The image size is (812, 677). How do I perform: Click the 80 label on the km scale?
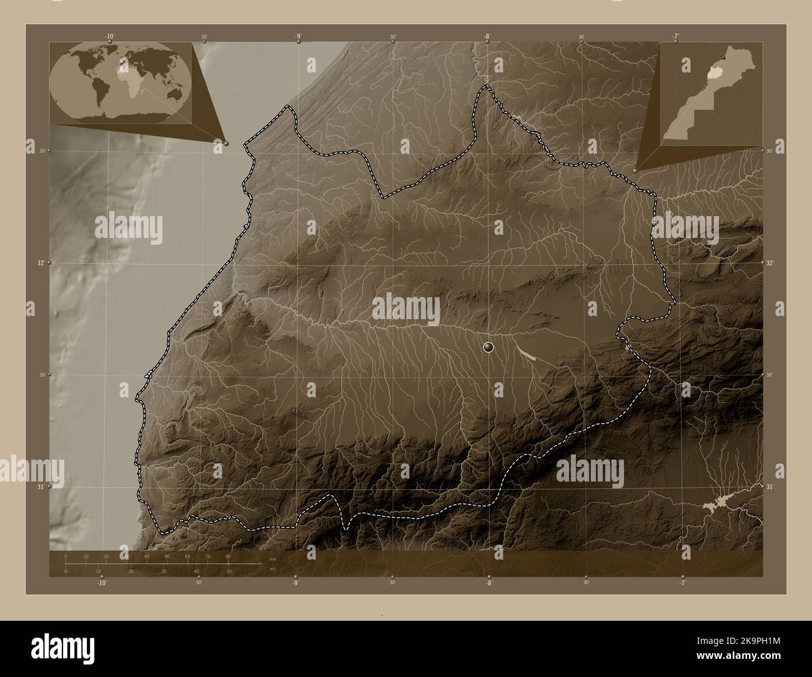228,556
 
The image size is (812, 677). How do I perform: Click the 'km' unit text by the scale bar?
272,558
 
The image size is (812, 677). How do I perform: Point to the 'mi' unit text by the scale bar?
272,569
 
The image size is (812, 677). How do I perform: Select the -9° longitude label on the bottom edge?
295,583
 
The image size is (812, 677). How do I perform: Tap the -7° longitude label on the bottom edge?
682,583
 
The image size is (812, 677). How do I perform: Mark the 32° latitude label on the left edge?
40,263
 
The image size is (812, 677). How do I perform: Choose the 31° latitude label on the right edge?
770,487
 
